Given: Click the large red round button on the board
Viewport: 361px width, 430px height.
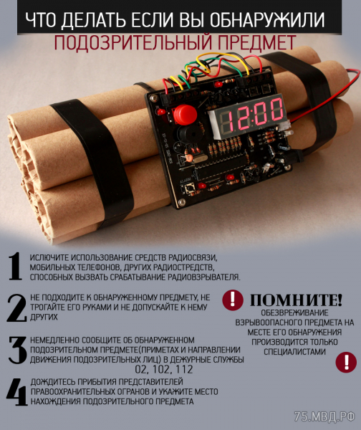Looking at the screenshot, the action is [186, 114].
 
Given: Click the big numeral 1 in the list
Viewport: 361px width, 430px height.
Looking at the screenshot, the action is [15, 267].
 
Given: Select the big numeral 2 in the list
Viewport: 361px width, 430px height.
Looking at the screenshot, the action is [16, 307].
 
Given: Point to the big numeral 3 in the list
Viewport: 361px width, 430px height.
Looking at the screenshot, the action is [17, 350].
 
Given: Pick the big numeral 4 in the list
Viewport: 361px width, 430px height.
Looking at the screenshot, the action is [17, 392].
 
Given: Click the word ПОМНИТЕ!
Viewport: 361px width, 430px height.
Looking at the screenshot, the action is [296, 300].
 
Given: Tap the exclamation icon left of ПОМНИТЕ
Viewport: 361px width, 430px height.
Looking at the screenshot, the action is [233, 300].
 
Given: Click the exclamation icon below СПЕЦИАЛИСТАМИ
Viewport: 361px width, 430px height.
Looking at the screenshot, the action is [346, 362].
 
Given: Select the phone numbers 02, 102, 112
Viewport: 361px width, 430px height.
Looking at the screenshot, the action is [164, 369].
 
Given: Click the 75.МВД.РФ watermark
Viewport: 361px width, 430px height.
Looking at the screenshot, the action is [324, 417].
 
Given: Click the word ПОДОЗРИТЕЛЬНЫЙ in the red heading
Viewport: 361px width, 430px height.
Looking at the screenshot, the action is [133, 43].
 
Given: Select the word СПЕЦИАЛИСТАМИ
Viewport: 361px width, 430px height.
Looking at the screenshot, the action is [294, 352].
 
